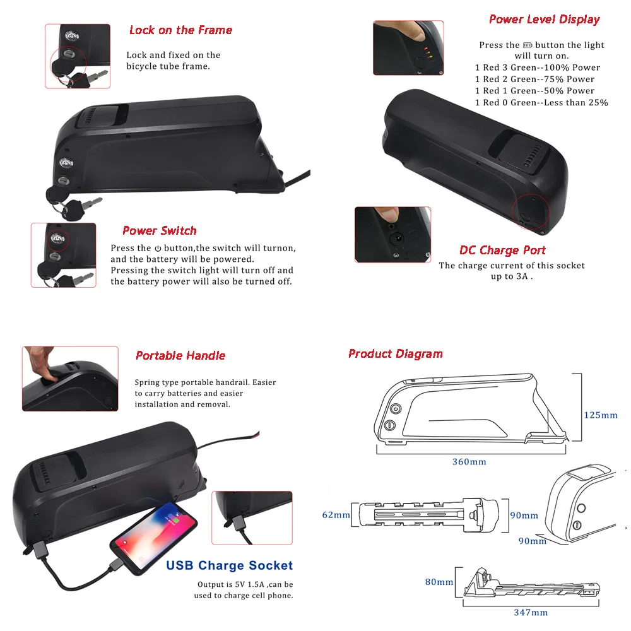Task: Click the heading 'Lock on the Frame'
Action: [x=180, y=30]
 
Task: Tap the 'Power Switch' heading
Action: [x=159, y=231]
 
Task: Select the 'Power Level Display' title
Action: [x=544, y=20]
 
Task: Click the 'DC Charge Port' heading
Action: [x=502, y=251]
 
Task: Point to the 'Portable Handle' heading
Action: [x=180, y=356]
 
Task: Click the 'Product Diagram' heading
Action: [x=396, y=354]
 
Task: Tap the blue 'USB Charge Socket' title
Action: [x=230, y=565]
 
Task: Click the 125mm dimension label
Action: [x=600, y=415]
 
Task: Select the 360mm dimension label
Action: [x=469, y=462]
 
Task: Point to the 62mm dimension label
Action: [x=336, y=515]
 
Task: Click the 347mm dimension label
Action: [x=530, y=612]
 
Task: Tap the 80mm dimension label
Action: [x=439, y=582]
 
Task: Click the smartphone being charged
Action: [x=153, y=538]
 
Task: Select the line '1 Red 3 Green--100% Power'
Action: [x=537, y=68]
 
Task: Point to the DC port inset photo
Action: [x=392, y=235]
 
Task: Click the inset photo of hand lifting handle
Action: [x=70, y=379]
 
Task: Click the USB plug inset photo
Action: [x=252, y=517]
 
